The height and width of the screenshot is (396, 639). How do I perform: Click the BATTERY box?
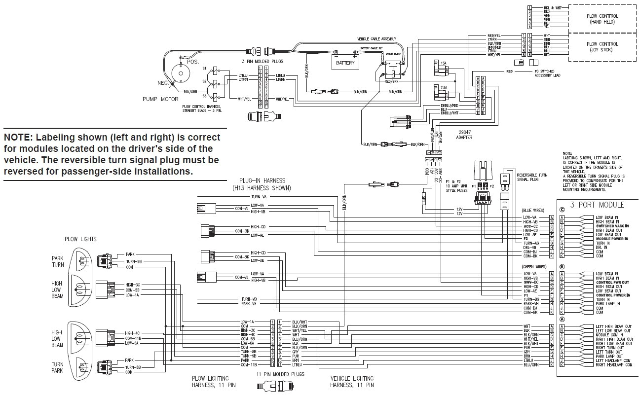pos(345,63)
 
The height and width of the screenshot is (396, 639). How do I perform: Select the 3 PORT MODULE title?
pos(597,205)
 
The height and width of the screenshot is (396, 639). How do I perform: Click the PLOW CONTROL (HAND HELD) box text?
pos(603,19)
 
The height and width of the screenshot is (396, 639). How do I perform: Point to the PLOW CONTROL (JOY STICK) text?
pos(603,47)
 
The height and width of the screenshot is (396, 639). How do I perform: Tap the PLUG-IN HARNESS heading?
pos(262,184)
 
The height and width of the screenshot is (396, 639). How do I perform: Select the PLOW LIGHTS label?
pos(80,239)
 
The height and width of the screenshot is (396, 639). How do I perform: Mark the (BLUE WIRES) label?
pos(534,210)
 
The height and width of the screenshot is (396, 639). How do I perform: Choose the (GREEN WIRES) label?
pos(534,267)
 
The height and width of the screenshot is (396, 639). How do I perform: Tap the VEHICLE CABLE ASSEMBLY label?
pos(377,39)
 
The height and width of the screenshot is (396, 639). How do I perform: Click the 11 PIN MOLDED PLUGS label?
pos(280,374)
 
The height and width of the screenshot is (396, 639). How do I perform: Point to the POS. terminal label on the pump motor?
pos(193,62)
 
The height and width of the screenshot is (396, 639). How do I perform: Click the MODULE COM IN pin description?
pos(610,335)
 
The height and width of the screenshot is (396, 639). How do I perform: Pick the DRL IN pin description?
pos(602,247)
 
